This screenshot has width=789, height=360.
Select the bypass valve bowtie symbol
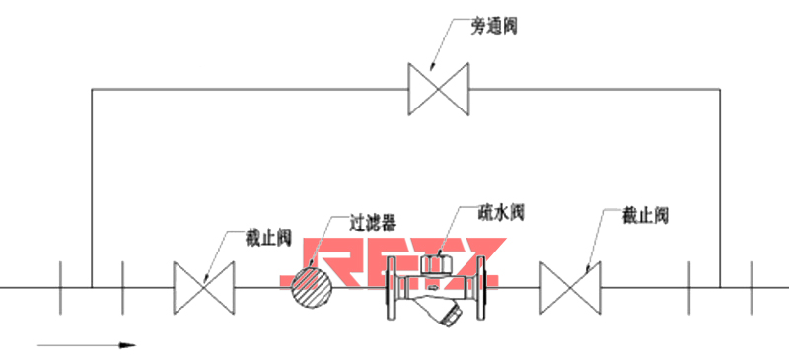pyautogui.click(x=440, y=90)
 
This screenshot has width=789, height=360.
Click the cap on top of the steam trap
pyautogui.click(x=434, y=263)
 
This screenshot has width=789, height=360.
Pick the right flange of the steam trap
pyautogui.click(x=483, y=287)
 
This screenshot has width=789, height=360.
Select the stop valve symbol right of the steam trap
pyautogui.click(x=571, y=287)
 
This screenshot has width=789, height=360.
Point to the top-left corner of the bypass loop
pyautogui.click(x=92, y=90)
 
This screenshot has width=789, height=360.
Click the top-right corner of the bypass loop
pyautogui.click(x=720, y=90)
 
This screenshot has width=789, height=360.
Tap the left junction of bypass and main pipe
pyautogui.click(x=92, y=287)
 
